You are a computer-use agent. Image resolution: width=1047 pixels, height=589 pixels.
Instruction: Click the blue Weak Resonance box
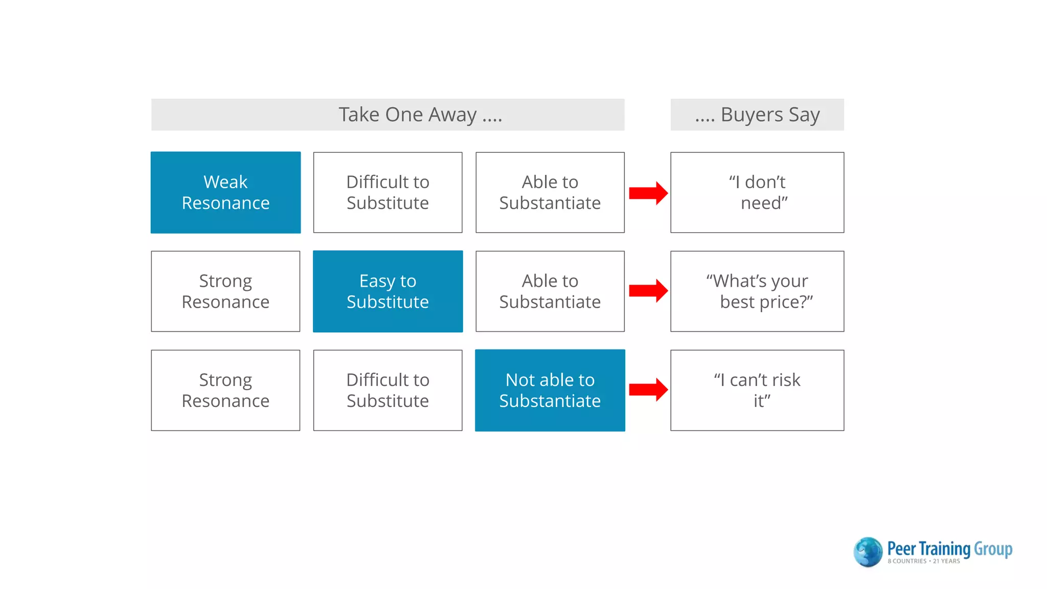click(x=225, y=192)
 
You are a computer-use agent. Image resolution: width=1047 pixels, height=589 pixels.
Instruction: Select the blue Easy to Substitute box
click(x=388, y=291)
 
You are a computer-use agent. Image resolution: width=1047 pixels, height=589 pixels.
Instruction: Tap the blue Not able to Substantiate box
click(x=550, y=390)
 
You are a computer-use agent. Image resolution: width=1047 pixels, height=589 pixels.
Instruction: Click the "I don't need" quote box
click(x=757, y=192)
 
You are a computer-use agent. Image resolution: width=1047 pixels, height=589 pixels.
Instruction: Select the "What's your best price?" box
click(x=757, y=291)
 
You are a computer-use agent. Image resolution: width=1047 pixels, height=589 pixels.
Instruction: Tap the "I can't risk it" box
click(x=757, y=390)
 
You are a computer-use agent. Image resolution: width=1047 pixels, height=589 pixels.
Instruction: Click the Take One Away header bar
click(x=388, y=115)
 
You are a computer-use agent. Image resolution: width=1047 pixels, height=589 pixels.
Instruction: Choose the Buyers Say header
click(x=757, y=115)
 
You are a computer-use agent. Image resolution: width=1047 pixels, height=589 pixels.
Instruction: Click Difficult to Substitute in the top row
click(x=388, y=192)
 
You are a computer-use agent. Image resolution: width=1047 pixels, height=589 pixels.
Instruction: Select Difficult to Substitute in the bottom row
click(x=388, y=390)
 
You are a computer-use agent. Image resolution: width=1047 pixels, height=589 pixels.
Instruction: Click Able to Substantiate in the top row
click(x=550, y=192)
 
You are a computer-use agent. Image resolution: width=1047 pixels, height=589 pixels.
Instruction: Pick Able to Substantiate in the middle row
click(x=550, y=291)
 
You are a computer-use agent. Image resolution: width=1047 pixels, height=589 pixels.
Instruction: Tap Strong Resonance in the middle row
click(x=225, y=291)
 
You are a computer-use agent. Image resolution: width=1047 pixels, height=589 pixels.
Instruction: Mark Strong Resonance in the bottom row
click(x=225, y=390)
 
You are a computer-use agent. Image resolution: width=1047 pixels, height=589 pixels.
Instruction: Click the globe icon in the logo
click(x=868, y=552)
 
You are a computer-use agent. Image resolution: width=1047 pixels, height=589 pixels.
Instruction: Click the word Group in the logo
click(x=993, y=549)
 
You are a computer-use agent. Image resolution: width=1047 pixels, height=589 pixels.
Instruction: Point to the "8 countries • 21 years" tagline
click(x=923, y=561)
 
